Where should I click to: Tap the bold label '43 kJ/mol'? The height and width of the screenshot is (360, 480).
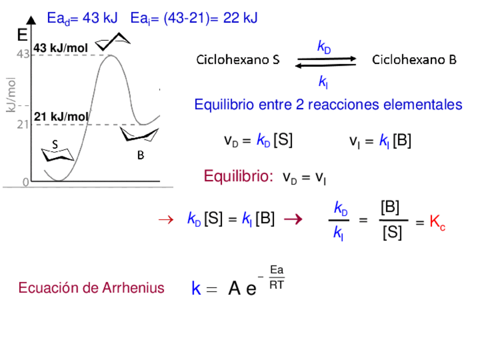pyautogui.click(x=61, y=48)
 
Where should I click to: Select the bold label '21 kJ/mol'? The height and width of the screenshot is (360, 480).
pyautogui.click(x=61, y=117)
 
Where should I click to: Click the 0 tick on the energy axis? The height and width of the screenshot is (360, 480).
pyautogui.click(x=25, y=182)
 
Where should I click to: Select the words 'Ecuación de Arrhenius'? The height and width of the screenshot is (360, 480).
pyautogui.click(x=91, y=288)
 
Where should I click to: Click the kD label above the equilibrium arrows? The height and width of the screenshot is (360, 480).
pyautogui.click(x=324, y=47)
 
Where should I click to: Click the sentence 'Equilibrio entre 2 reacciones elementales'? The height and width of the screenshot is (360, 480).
pyautogui.click(x=328, y=105)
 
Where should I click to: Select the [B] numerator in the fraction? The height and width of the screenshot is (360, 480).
pyautogui.click(x=391, y=207)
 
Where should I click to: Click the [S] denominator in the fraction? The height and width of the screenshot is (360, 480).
pyautogui.click(x=392, y=233)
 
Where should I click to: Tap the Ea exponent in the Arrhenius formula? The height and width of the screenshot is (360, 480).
pyautogui.click(x=277, y=270)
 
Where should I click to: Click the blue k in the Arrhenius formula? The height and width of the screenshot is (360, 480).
pyautogui.click(x=196, y=289)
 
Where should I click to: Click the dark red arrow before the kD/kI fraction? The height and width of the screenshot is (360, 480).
pyautogui.click(x=292, y=218)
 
